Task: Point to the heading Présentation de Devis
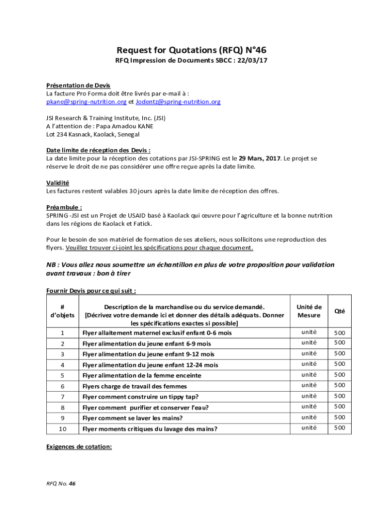[79, 85]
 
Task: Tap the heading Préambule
[64, 207]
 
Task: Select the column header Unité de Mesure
[309, 311]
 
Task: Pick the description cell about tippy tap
[140, 397]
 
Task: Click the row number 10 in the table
[63, 428]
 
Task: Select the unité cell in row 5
[309, 375]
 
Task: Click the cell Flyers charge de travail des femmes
[135, 386]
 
